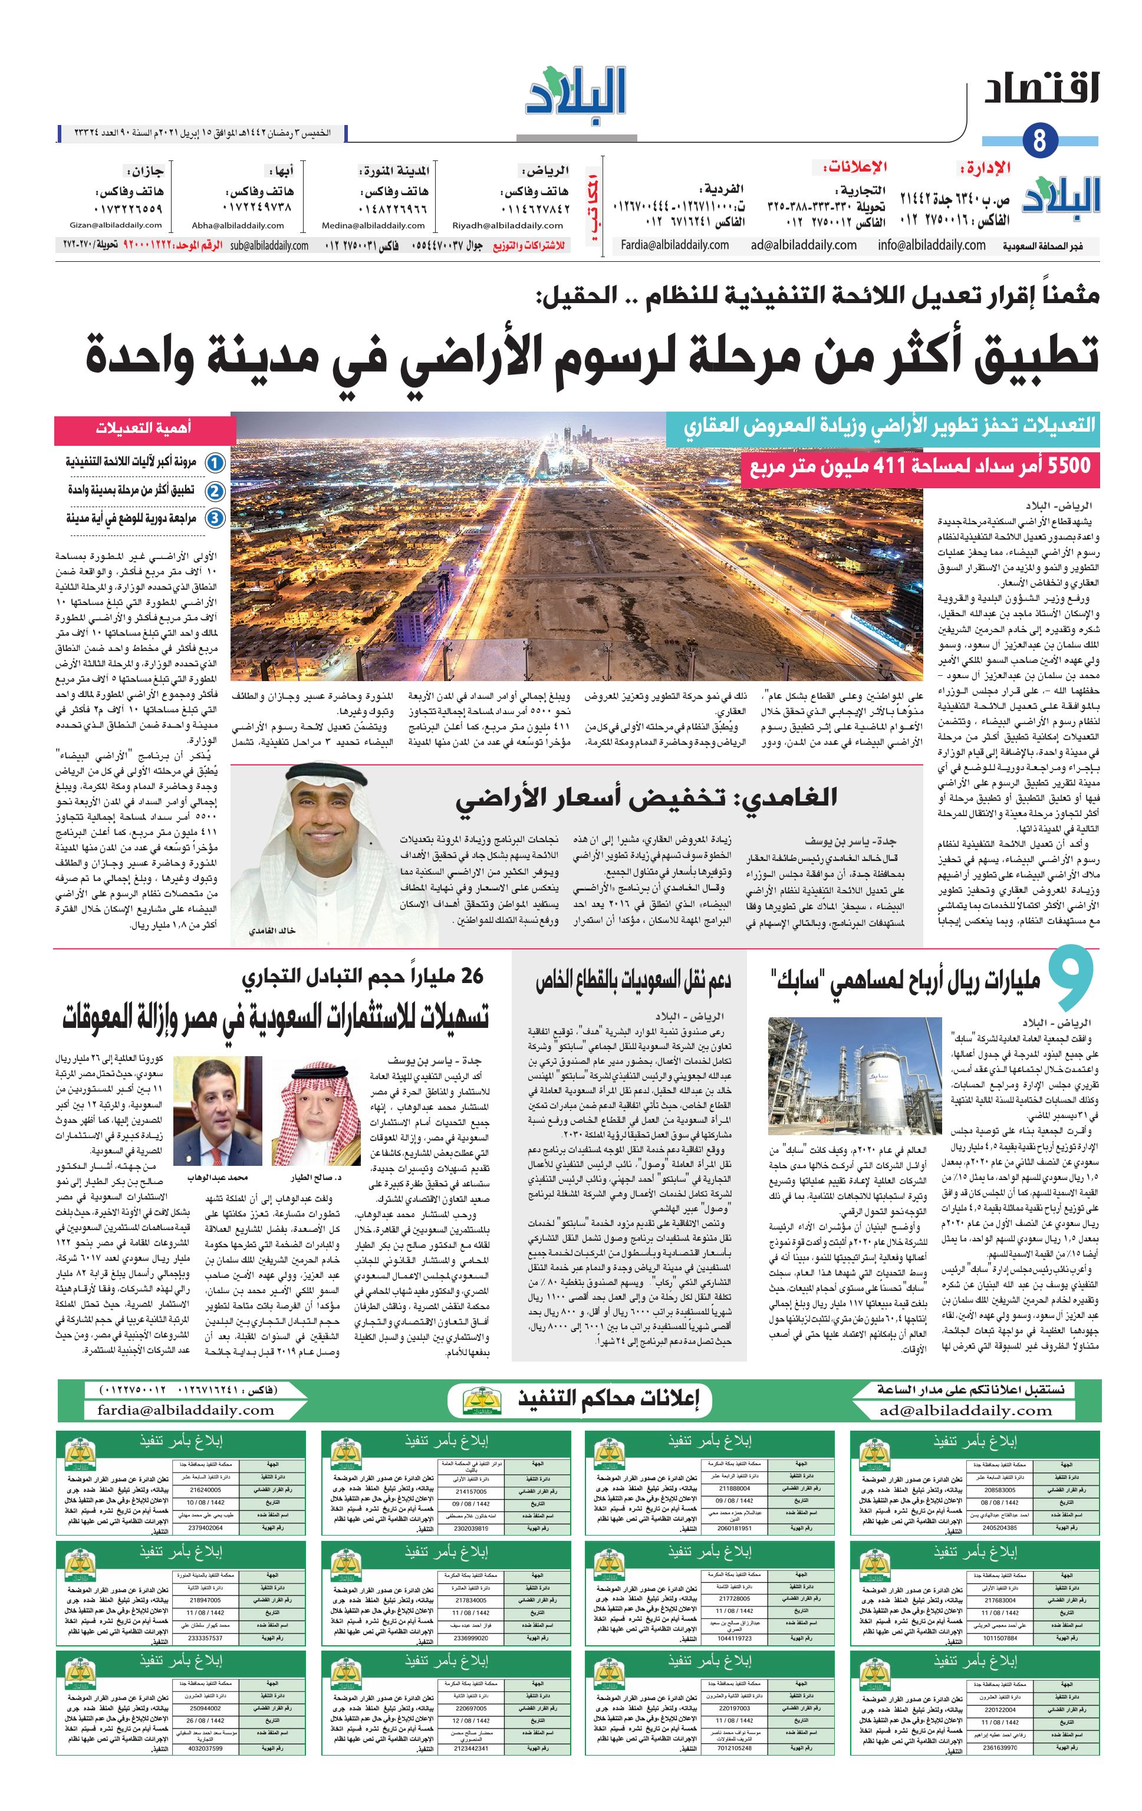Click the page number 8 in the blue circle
point(1040,140)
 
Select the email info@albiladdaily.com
point(931,245)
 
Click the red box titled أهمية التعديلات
point(143,429)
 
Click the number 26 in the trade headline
point(469,976)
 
